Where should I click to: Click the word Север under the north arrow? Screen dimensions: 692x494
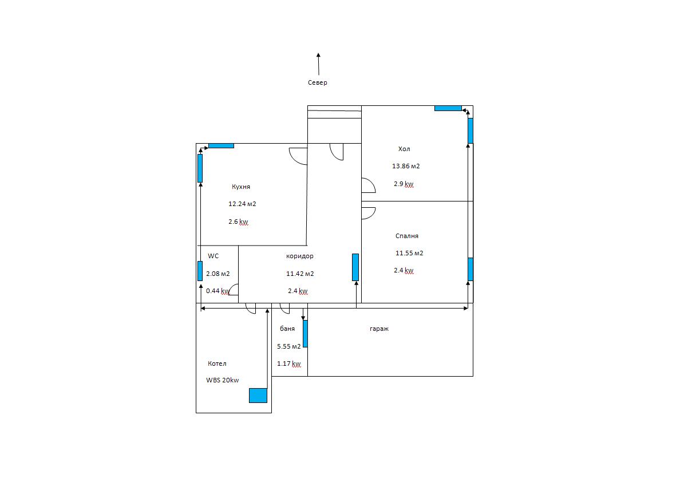coord(317,82)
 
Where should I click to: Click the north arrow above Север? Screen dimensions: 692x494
coord(318,64)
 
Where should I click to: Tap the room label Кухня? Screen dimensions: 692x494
coord(240,187)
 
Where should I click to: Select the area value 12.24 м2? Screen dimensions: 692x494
coord(242,204)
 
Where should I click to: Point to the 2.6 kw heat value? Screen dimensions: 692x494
coord(238,222)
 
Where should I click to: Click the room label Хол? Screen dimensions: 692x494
coord(404,149)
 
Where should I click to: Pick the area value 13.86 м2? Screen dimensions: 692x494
coord(406,166)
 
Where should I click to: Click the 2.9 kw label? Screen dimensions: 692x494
coord(404,184)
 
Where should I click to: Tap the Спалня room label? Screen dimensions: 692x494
coord(407,236)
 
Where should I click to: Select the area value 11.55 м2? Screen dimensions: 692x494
coord(409,253)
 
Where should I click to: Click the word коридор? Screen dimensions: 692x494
coord(300,256)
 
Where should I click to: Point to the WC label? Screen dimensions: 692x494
coord(213,256)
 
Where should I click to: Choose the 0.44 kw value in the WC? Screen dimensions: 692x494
coord(218,291)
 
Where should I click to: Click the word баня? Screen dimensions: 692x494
coord(287,329)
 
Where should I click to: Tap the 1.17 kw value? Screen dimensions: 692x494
coord(289,363)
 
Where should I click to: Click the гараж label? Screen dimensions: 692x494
coord(379,329)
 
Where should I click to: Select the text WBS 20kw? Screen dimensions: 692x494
coord(223,380)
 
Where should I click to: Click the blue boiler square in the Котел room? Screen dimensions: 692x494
coord(258,396)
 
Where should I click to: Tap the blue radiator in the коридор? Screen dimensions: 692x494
coord(355,267)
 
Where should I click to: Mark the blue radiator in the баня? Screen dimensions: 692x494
coord(305,334)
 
